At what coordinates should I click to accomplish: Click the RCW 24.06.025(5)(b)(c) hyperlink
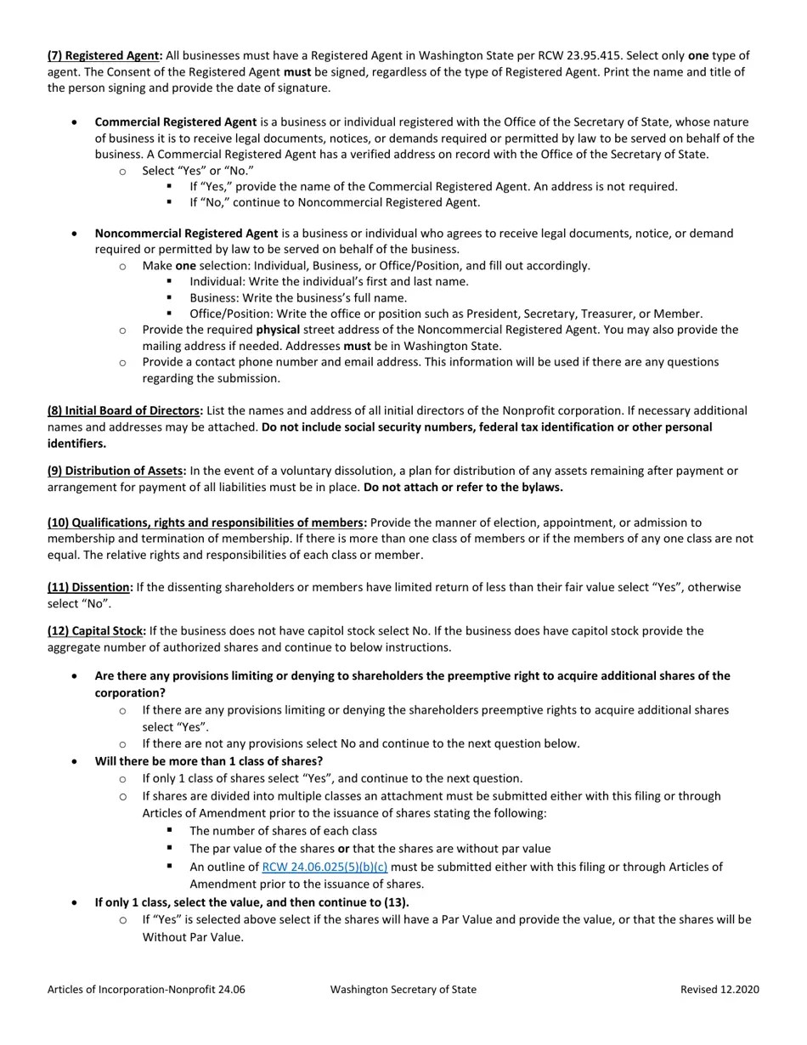click(x=324, y=867)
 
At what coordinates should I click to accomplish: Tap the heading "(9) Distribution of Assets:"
click(x=116, y=471)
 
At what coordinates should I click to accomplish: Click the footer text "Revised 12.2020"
click(x=720, y=989)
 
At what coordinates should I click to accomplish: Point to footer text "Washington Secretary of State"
click(x=403, y=989)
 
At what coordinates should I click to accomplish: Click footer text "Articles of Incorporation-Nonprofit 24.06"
click(x=146, y=989)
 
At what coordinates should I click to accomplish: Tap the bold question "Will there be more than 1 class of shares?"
click(x=209, y=761)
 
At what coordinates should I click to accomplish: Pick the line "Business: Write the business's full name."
click(x=298, y=298)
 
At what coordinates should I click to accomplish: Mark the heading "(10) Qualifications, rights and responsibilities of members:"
click(x=207, y=522)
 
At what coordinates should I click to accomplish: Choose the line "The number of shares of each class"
click(x=283, y=831)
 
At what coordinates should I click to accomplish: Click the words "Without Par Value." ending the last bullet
click(x=193, y=937)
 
